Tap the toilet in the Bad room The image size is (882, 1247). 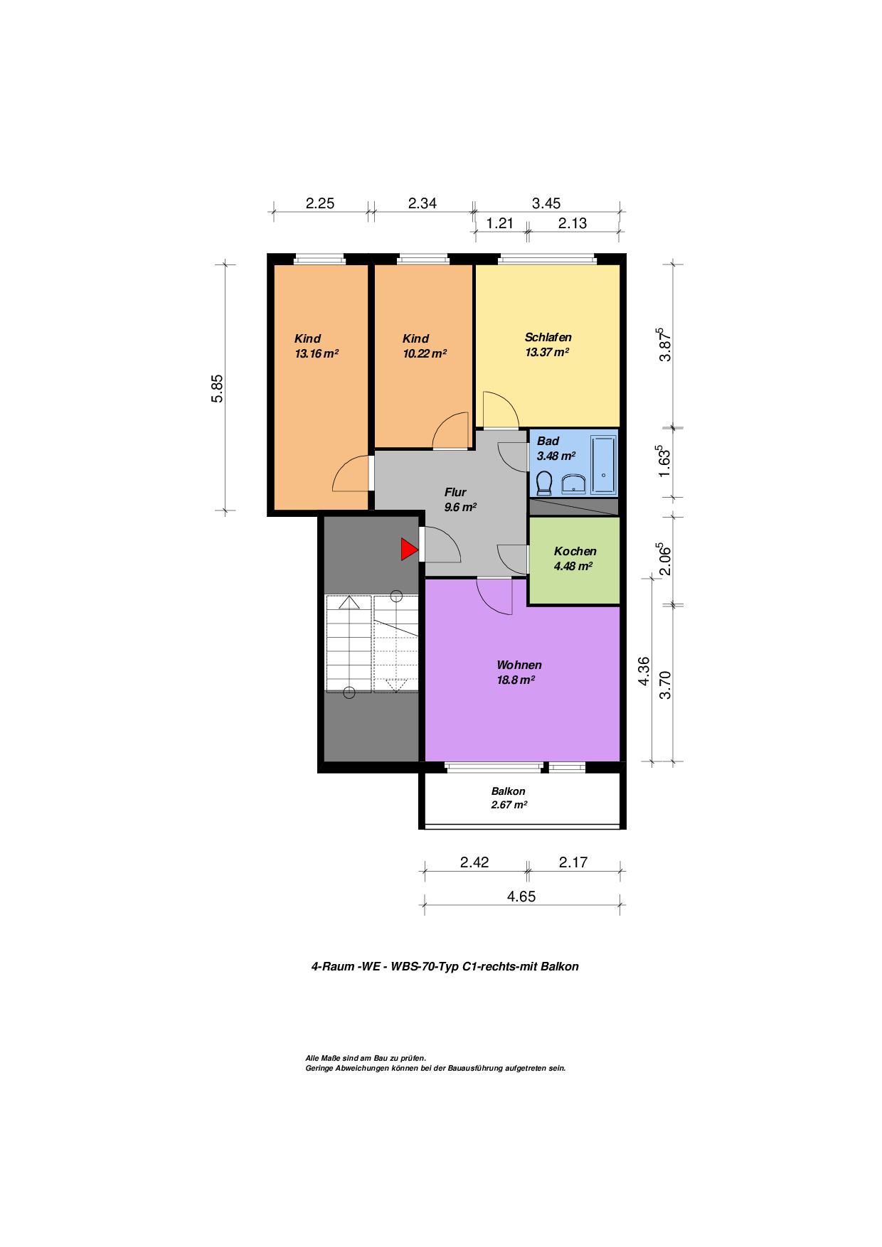click(x=546, y=483)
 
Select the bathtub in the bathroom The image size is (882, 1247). click(x=603, y=465)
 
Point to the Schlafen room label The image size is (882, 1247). click(x=548, y=337)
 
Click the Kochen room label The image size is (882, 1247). click(x=575, y=551)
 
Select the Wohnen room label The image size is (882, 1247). click(x=519, y=665)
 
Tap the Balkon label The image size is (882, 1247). click(x=509, y=791)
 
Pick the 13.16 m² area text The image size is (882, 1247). click(x=317, y=353)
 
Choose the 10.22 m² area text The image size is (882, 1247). click(x=425, y=353)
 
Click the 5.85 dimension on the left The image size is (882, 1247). click(x=217, y=388)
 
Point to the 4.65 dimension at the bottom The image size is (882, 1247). click(x=521, y=897)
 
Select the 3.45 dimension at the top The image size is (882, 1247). click(x=546, y=203)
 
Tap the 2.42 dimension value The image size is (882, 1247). click(x=474, y=862)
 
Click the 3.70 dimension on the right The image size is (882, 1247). click(x=666, y=685)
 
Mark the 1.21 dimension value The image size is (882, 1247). click(x=499, y=223)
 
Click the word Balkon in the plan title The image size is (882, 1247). click(x=559, y=966)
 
